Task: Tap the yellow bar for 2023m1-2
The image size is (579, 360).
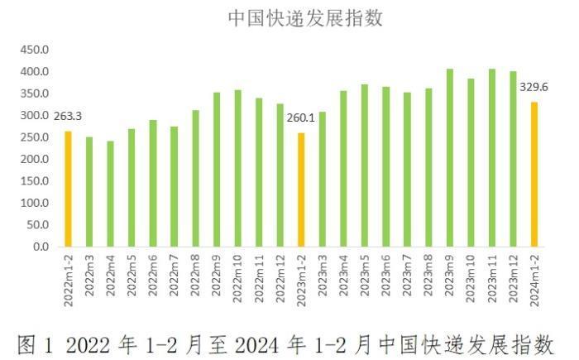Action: click(300, 190)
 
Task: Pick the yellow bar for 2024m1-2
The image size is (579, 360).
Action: click(534, 175)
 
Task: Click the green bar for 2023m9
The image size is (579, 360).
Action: click(449, 158)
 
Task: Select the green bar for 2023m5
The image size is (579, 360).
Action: click(364, 166)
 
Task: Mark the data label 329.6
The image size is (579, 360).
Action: click(534, 87)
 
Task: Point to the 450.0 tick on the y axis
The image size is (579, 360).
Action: click(35, 50)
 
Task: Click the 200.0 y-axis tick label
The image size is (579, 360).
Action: click(35, 160)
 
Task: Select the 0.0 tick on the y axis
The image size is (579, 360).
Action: click(40, 247)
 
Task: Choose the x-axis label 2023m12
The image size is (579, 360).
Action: click(514, 274)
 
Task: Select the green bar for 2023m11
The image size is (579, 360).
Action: click(492, 158)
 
